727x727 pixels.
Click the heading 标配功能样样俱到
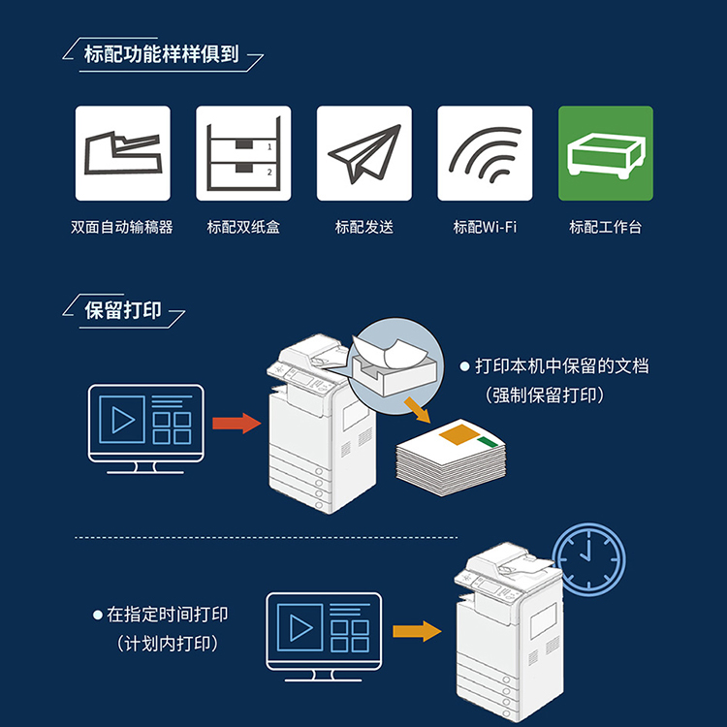click(162, 53)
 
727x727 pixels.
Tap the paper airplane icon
click(364, 153)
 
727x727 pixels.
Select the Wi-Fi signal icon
click(485, 153)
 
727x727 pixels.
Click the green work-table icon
click(606, 153)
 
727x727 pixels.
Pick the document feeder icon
click(123, 153)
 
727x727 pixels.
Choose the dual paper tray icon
click(243, 153)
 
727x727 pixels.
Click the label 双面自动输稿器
click(122, 228)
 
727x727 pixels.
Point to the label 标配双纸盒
click(243, 228)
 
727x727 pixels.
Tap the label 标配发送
click(364, 228)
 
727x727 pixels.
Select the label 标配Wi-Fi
click(485, 228)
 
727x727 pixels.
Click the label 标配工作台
click(606, 228)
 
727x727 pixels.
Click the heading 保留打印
click(123, 311)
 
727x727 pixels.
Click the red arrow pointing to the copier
click(237, 423)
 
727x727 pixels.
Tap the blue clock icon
click(589, 558)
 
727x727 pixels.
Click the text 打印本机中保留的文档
click(560, 366)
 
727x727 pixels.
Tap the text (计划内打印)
click(167, 644)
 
